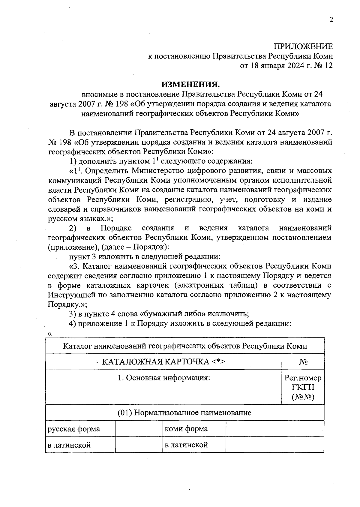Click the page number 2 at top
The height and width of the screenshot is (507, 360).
pos(331,19)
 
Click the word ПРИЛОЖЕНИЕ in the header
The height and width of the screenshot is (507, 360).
pos(303,46)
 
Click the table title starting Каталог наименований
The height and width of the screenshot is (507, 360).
pos(185,346)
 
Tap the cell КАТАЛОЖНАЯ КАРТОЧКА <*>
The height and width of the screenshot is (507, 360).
pos(163,362)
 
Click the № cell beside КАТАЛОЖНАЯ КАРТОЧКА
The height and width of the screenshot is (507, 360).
pos(303,362)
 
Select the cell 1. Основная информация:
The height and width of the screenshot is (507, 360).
pos(163,378)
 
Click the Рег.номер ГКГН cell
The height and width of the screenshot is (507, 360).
pos(303,387)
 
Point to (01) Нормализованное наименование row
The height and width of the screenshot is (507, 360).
pos(184,412)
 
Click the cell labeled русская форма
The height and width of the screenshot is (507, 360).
pos(73,429)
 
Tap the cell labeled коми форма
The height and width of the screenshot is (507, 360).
pos(186,429)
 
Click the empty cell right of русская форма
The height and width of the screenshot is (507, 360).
pos(139,429)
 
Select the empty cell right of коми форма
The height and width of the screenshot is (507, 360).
pos(274,429)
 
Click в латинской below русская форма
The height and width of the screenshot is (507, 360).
pos(69,445)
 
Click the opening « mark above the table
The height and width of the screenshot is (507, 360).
pos(50,334)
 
